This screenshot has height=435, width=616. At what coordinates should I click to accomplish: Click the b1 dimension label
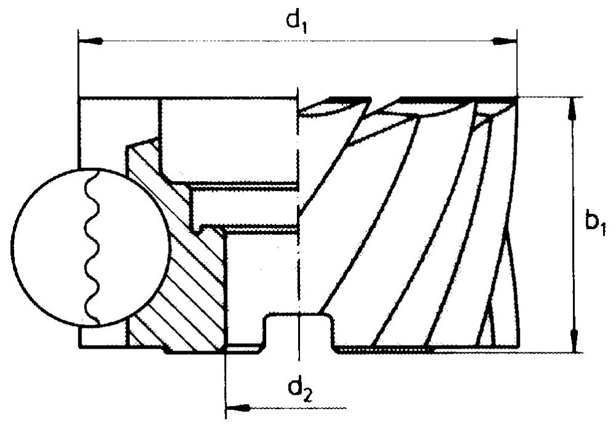596,224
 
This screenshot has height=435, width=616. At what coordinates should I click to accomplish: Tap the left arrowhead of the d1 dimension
91,41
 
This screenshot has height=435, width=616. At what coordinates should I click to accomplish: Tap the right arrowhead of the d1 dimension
505,41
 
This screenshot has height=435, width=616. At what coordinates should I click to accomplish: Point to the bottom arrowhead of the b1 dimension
574,340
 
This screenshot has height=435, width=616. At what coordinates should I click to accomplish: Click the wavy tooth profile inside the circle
93,248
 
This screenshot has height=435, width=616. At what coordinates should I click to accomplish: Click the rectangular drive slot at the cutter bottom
299,331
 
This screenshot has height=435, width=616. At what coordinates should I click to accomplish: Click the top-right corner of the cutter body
516,97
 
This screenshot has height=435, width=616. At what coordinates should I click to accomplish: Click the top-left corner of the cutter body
79,97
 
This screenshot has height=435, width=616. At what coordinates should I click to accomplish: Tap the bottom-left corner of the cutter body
79,348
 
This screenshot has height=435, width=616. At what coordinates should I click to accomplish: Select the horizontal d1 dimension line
298,41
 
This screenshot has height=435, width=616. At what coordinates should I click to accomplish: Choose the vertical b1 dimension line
574,225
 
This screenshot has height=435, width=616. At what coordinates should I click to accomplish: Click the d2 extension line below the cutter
226,385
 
